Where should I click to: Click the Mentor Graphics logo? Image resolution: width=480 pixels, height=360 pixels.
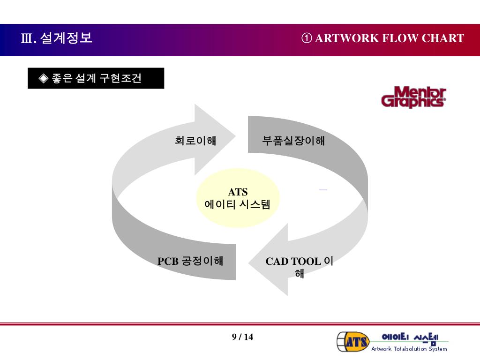pos(413,97)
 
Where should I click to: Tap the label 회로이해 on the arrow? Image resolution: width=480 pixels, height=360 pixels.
pos(195,140)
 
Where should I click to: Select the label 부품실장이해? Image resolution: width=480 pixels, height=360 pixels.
pos(293,140)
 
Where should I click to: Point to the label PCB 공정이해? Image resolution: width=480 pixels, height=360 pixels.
pos(190,261)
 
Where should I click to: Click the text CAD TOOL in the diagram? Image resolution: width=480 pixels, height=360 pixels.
pos(293,262)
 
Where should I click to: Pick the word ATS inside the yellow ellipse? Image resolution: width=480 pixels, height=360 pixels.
pos(238,192)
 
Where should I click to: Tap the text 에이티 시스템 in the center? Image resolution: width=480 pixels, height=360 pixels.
pos(238,204)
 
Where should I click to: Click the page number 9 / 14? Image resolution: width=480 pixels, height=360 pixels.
pos(242,337)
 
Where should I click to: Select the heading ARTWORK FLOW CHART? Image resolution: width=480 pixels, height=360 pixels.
pos(390,38)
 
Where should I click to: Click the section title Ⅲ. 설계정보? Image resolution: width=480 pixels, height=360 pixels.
pos(57,38)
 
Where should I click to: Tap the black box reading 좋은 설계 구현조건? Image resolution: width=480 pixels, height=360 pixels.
pos(96,78)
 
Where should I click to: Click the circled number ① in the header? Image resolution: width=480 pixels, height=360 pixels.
pos(307,38)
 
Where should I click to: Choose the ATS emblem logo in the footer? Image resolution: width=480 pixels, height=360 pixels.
pos(353,341)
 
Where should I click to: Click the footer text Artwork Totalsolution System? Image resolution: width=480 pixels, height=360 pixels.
pos(409,349)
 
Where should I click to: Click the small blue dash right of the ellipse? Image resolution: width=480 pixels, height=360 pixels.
pos(323,189)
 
